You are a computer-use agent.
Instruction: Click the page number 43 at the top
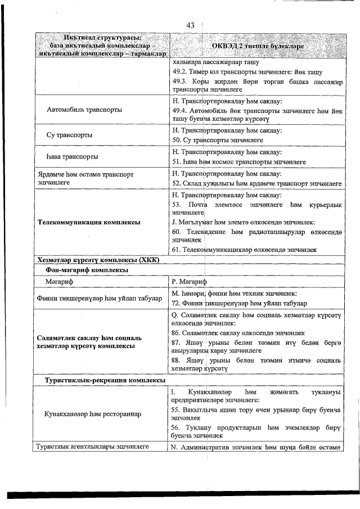(x=190, y=26)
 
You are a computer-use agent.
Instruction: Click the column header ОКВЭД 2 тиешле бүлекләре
(x=258, y=46)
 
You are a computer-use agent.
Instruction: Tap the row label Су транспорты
(x=70, y=135)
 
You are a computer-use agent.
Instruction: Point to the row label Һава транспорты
(x=73, y=156)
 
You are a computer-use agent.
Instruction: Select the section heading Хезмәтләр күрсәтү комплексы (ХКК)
(x=98, y=260)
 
